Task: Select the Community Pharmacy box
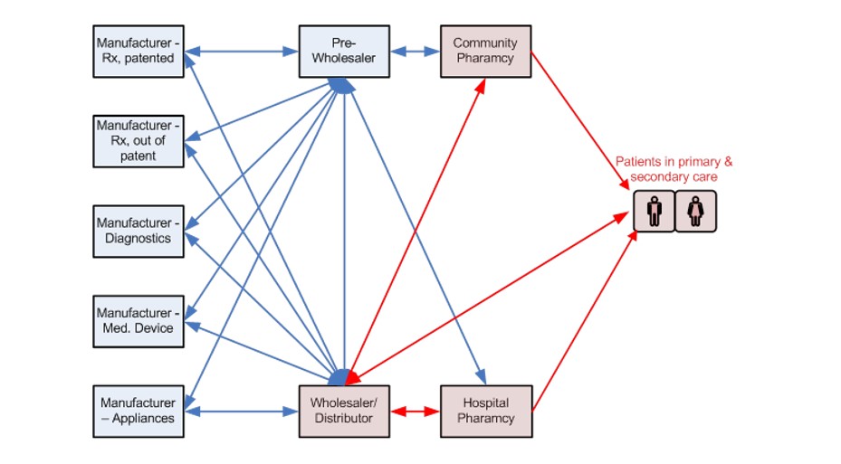click(x=485, y=52)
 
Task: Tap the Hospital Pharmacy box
click(x=485, y=411)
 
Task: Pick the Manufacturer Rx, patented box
click(x=139, y=52)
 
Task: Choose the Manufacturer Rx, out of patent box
click(x=139, y=140)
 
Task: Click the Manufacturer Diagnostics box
click(x=139, y=231)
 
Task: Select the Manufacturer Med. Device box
click(x=139, y=320)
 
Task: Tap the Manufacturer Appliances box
click(x=139, y=411)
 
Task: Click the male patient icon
click(x=655, y=212)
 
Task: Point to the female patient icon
click(x=696, y=212)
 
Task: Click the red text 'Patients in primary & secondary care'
click(x=674, y=169)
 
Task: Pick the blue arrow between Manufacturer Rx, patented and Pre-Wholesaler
click(x=242, y=52)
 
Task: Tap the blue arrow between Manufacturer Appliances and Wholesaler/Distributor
click(x=242, y=412)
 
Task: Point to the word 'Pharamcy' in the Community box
click(x=485, y=59)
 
